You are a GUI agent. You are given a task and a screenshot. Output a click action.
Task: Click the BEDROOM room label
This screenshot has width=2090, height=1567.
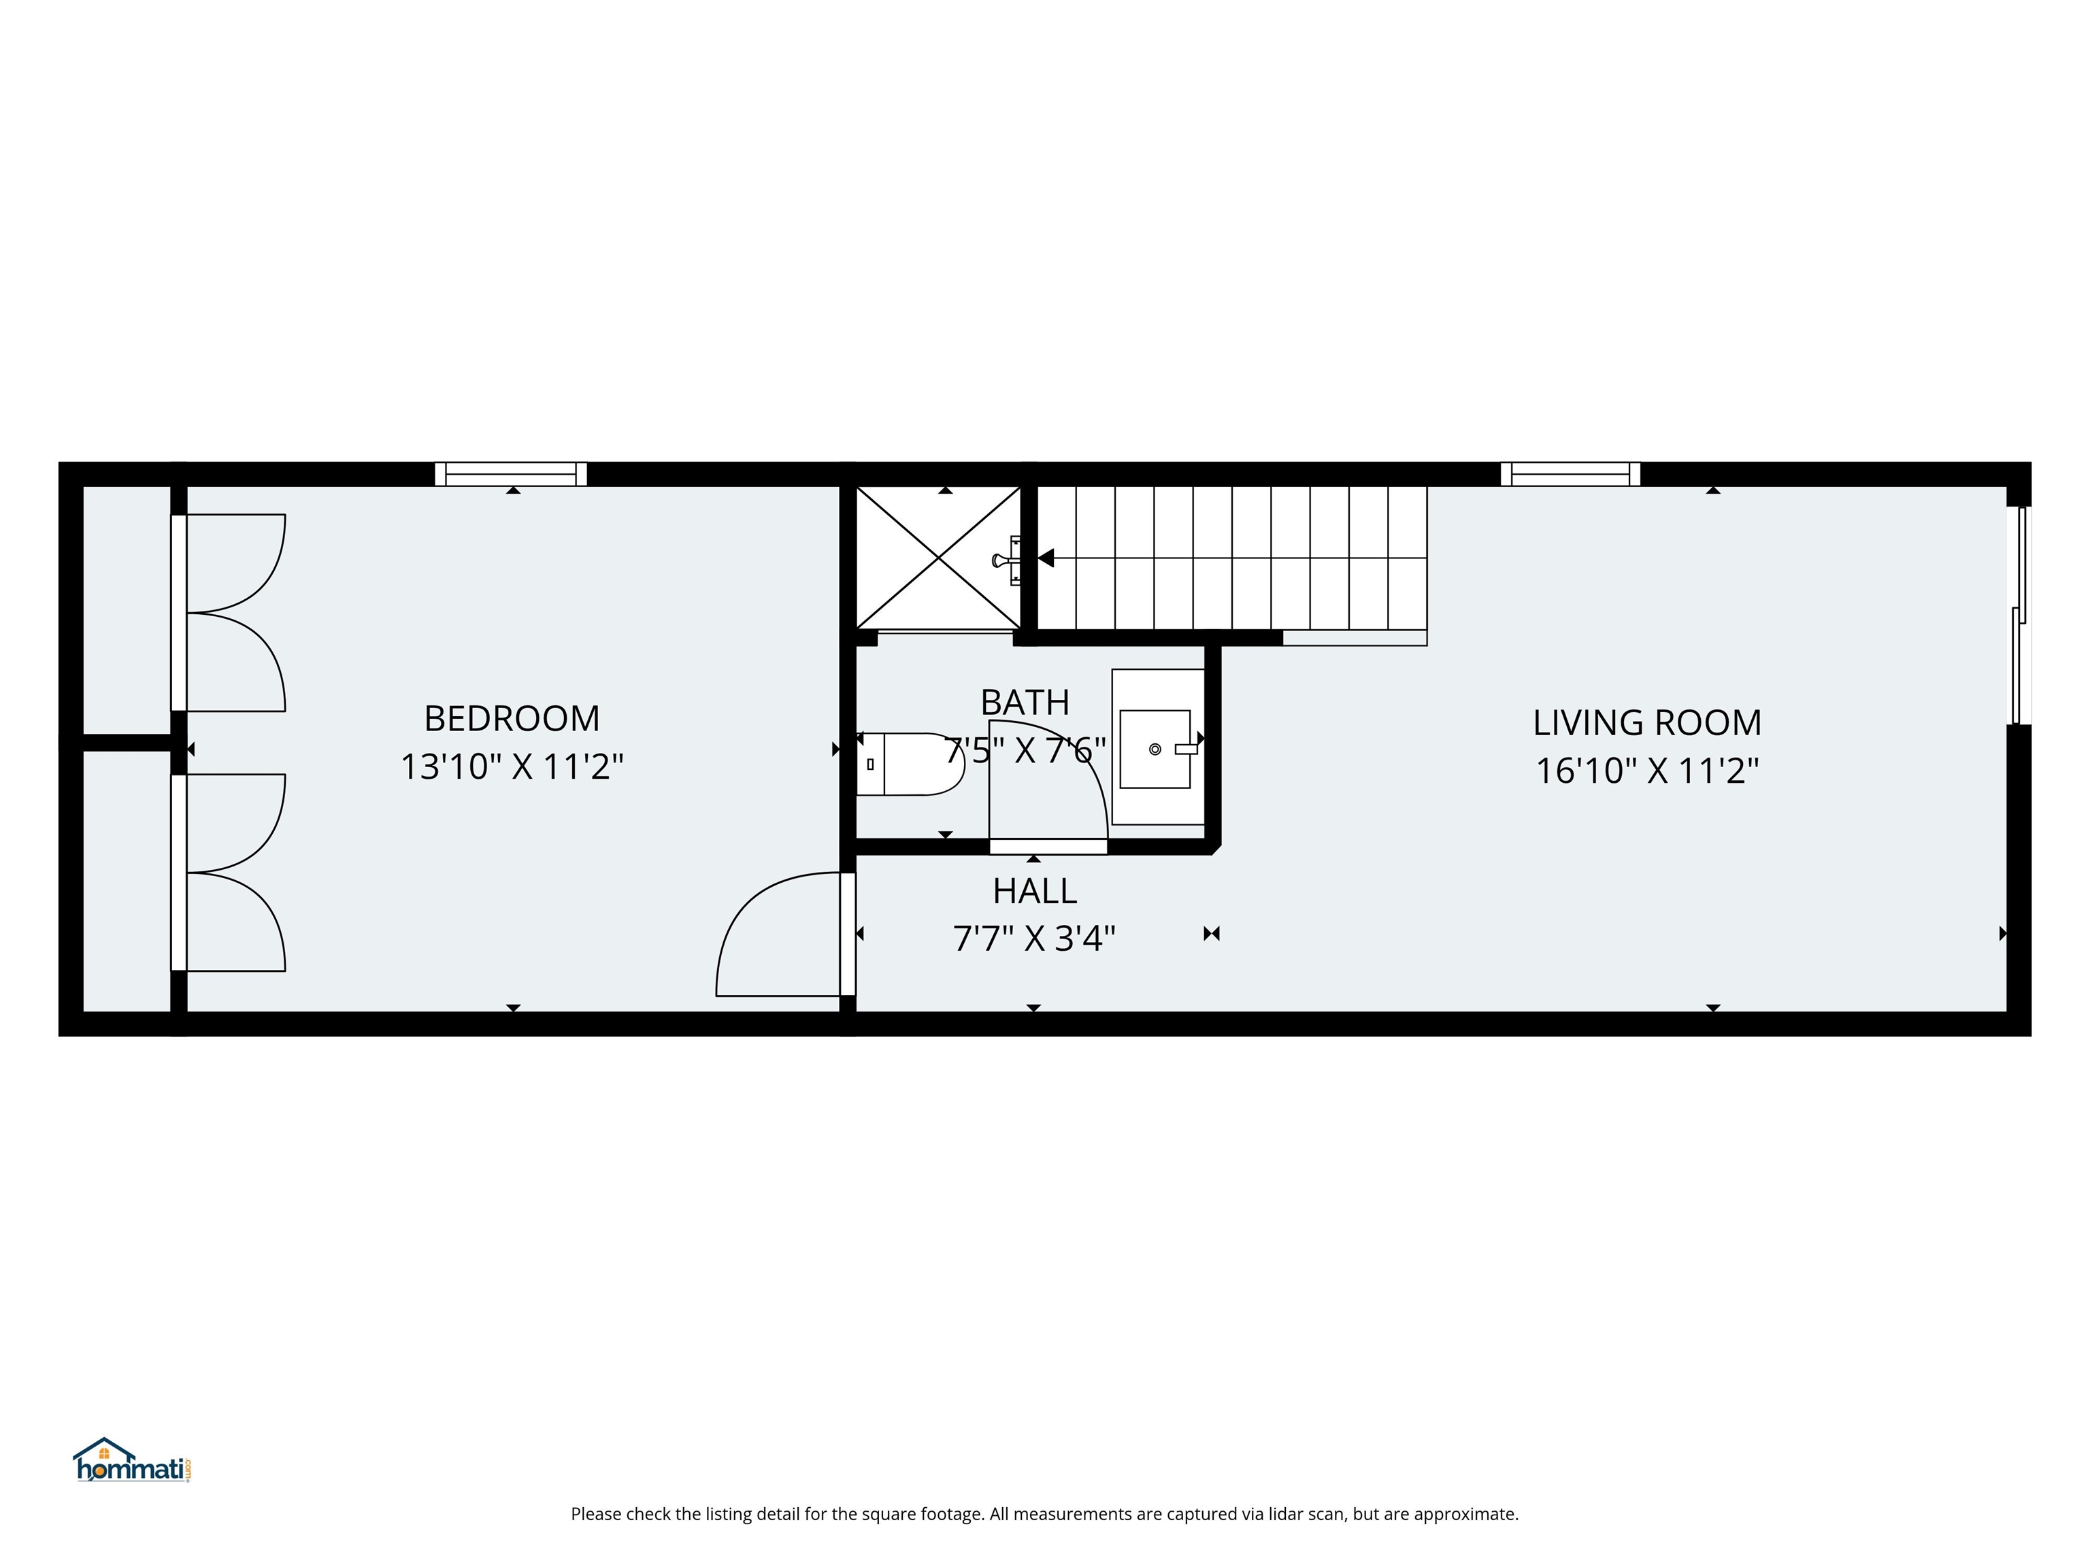[x=512, y=719]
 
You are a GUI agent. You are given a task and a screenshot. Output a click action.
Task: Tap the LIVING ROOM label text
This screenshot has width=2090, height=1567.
[x=1647, y=722]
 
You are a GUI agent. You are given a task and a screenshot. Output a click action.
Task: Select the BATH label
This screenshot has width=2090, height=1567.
[x=1025, y=703]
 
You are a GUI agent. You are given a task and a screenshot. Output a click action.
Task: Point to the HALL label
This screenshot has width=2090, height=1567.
[x=1035, y=891]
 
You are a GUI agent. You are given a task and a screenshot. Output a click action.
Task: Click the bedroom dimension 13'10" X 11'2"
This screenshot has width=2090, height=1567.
[x=512, y=766]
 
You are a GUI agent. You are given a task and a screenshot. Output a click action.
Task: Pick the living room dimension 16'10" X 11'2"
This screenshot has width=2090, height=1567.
[x=1647, y=771]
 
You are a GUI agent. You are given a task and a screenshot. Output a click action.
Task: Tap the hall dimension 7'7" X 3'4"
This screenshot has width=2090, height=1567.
[x=1035, y=939]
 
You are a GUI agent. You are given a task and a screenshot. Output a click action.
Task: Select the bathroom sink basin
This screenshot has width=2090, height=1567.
[x=1155, y=749]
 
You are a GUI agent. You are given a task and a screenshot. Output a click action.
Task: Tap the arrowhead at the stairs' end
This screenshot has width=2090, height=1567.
[x=1046, y=558]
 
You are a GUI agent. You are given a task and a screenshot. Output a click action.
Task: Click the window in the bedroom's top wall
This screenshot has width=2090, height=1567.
[x=511, y=474]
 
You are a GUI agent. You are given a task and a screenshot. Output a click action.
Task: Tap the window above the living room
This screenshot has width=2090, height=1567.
[x=1570, y=474]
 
